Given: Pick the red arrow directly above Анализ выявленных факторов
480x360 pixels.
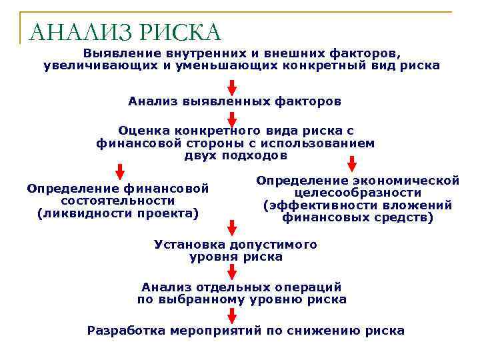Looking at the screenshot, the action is point(232,87).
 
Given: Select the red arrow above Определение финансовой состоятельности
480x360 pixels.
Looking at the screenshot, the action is point(120,171).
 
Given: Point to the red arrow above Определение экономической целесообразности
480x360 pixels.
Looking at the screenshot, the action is point(352,163).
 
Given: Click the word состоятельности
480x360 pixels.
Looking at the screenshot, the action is point(117,201).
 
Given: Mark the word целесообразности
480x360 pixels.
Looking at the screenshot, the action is point(358,193).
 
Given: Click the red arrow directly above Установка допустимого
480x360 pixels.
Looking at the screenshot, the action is point(232,228).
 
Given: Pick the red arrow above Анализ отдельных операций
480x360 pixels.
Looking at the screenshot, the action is point(232,271).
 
